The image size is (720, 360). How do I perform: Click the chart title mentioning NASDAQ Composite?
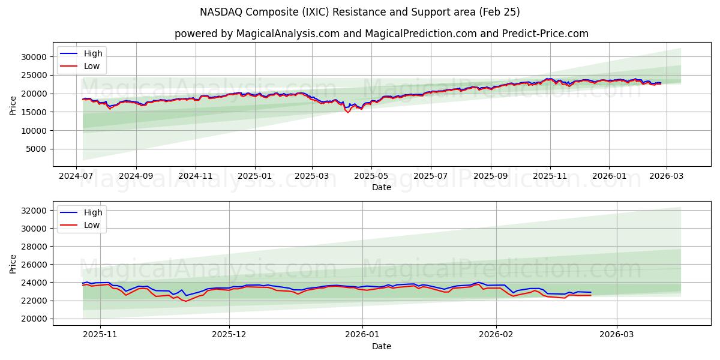click(x=360, y=12)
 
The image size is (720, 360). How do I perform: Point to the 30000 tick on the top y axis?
click(x=34, y=57)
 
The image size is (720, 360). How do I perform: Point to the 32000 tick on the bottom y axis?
click(x=34, y=211)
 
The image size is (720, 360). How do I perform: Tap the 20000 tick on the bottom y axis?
click(x=34, y=319)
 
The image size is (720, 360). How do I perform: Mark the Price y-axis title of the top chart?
click(x=13, y=106)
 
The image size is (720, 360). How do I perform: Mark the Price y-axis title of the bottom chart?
click(x=13, y=264)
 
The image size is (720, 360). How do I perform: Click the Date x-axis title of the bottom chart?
click(x=382, y=346)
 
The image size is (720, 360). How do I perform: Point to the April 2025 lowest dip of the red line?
click(x=347, y=112)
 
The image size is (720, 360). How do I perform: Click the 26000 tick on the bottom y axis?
click(x=34, y=265)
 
